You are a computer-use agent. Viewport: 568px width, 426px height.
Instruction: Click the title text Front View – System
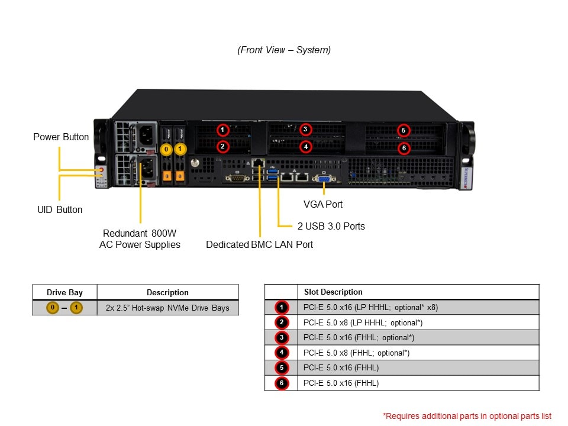click(284, 50)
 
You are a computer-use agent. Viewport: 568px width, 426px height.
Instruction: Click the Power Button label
click(61, 137)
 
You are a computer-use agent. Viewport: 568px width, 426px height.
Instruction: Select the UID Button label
click(60, 209)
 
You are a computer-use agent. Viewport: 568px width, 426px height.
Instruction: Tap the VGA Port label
click(323, 204)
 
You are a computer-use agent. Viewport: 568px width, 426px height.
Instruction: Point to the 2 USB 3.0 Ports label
click(330, 226)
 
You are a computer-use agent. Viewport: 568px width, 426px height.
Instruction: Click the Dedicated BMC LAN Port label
click(259, 244)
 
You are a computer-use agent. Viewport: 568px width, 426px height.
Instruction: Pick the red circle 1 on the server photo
click(222, 130)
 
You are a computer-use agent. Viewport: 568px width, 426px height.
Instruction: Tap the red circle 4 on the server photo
click(305, 146)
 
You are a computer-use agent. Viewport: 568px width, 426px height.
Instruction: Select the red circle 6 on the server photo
click(404, 148)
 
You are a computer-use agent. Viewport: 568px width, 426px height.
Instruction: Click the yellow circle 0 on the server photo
click(167, 150)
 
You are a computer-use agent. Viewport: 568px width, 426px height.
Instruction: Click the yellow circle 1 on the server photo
click(180, 149)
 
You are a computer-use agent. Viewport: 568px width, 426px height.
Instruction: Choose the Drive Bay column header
click(64, 292)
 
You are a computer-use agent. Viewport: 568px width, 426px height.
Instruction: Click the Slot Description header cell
click(333, 292)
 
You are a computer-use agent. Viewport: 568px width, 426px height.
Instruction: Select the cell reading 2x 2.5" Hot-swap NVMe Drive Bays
click(167, 308)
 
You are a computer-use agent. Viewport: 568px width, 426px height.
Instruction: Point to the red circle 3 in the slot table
click(282, 338)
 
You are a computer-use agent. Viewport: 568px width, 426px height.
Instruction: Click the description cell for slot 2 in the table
click(362, 322)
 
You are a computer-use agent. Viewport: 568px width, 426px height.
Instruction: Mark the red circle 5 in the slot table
click(282, 368)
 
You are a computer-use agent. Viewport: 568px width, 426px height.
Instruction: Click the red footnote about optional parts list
click(467, 415)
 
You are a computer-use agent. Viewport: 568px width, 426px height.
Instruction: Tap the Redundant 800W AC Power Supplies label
click(140, 238)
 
